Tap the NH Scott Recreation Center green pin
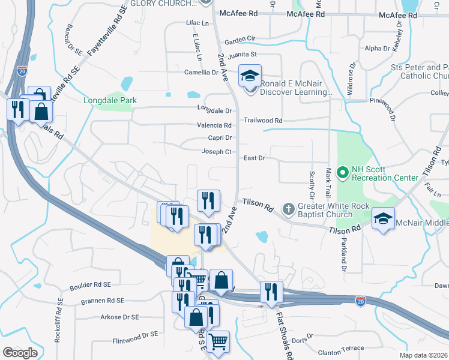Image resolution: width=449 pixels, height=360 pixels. [x=343, y=174]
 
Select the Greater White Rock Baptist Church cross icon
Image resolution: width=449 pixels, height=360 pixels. [x=289, y=209]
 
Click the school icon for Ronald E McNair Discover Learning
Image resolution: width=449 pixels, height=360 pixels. [x=249, y=76]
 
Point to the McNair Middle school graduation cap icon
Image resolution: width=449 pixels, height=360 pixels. [x=382, y=219]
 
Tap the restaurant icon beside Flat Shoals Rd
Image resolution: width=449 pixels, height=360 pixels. [x=271, y=292]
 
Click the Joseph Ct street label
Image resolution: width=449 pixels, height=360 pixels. [x=217, y=152]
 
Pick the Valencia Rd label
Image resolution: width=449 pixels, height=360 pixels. [x=214, y=125]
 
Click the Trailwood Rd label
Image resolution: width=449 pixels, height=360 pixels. [x=263, y=120]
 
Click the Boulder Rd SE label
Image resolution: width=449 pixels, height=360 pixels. [x=91, y=284]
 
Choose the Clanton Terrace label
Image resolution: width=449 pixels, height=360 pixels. [x=341, y=348]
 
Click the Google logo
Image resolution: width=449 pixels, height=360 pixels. [x=20, y=353]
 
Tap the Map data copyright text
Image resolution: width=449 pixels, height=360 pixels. [x=423, y=355]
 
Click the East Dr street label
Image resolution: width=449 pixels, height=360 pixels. [x=255, y=158]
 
